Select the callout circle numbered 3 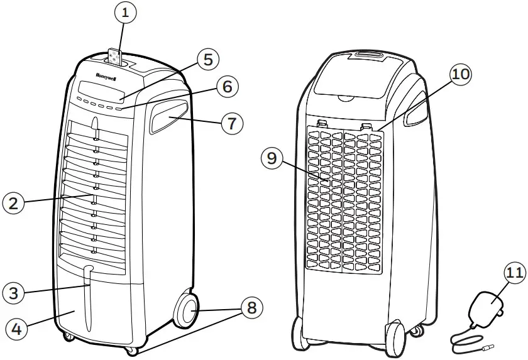click(14, 292)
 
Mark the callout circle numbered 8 click(250, 309)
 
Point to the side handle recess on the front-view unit click(168, 117)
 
